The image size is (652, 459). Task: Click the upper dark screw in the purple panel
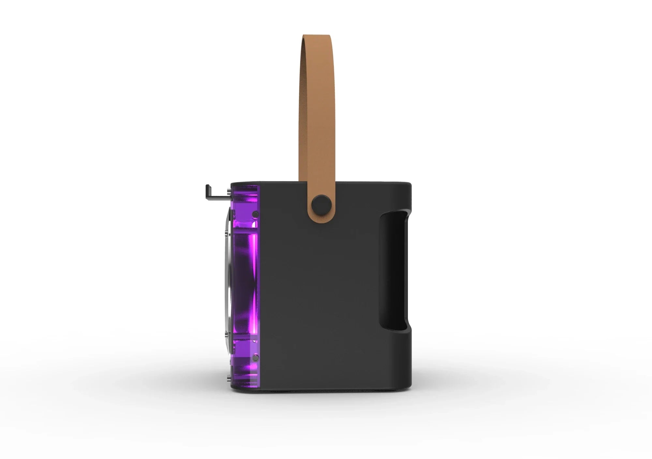(x=255, y=214)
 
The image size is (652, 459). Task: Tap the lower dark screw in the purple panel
(x=255, y=358)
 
